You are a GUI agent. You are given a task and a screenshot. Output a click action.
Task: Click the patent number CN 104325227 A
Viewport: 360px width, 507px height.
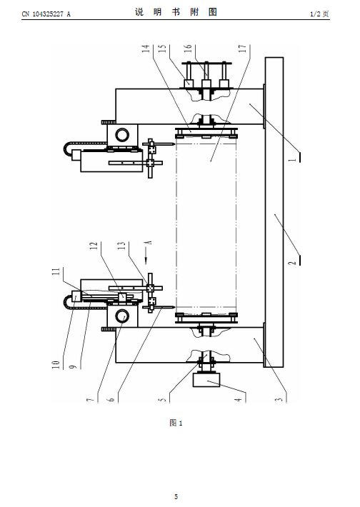tap(46, 14)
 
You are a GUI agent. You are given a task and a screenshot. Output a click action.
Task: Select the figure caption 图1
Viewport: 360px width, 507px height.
tap(176, 423)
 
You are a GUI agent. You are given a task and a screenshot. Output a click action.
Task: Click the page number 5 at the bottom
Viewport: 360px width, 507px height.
tap(176, 496)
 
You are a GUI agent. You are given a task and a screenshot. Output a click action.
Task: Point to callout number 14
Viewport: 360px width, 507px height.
tap(146, 49)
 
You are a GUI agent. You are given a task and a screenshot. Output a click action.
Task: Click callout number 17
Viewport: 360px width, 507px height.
tap(242, 49)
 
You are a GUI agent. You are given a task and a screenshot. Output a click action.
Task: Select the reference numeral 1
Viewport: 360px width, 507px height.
tap(293, 159)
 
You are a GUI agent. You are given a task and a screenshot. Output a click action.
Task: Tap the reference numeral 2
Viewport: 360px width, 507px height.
tap(293, 261)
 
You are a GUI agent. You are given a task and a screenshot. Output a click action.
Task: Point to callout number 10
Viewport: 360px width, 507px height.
tap(56, 365)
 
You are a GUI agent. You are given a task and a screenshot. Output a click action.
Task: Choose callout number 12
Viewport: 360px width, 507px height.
tap(94, 246)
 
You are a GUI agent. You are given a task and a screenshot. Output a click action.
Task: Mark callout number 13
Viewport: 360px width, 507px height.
tap(121, 246)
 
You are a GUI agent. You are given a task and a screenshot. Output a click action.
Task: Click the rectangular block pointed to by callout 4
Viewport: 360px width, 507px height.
tap(206, 380)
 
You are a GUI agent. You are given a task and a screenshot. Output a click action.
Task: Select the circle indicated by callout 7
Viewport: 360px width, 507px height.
tap(122, 316)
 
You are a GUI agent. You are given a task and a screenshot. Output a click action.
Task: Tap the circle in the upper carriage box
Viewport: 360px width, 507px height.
tap(122, 134)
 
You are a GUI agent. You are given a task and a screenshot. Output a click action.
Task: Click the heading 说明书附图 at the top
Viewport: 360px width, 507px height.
tap(176, 12)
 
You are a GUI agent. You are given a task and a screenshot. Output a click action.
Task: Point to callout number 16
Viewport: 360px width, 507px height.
tap(188, 49)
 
